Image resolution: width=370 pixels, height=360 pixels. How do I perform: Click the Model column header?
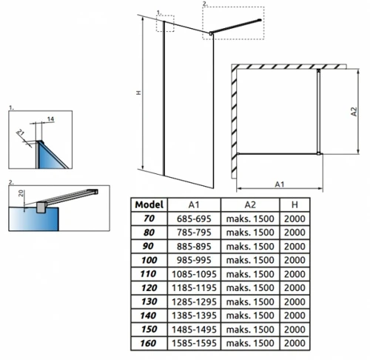coord(149,204)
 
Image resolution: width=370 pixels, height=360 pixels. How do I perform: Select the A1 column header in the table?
coord(194,204)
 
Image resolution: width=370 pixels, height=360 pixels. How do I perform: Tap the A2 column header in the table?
coord(250,204)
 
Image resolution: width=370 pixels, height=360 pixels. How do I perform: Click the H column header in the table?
coord(295,204)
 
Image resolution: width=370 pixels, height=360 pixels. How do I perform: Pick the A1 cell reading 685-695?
coord(194,219)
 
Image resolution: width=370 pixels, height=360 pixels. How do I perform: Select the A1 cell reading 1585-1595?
coord(194,343)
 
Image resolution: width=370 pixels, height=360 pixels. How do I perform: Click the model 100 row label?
coord(149,260)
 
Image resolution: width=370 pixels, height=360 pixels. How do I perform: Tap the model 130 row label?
coord(149,301)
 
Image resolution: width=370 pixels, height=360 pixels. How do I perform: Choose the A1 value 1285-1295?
coord(194,301)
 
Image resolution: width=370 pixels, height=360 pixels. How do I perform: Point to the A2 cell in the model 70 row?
coord(250,219)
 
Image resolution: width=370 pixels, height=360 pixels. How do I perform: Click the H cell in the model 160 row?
coord(295,343)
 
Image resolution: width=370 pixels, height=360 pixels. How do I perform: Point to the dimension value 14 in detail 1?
coord(50,119)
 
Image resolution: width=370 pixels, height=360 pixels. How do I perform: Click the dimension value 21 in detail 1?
coord(21,133)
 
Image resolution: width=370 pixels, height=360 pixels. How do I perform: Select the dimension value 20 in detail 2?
coord(21,193)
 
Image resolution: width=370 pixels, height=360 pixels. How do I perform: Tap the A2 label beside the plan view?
coord(354,111)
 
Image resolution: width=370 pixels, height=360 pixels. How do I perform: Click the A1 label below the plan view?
coord(280,184)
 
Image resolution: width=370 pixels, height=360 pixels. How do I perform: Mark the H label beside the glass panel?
coord(139,93)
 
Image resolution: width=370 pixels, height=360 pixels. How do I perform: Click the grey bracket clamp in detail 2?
coord(41,207)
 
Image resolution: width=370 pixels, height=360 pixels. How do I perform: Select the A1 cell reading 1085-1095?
coord(194,274)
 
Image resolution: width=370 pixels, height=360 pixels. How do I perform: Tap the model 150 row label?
coord(149,329)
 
